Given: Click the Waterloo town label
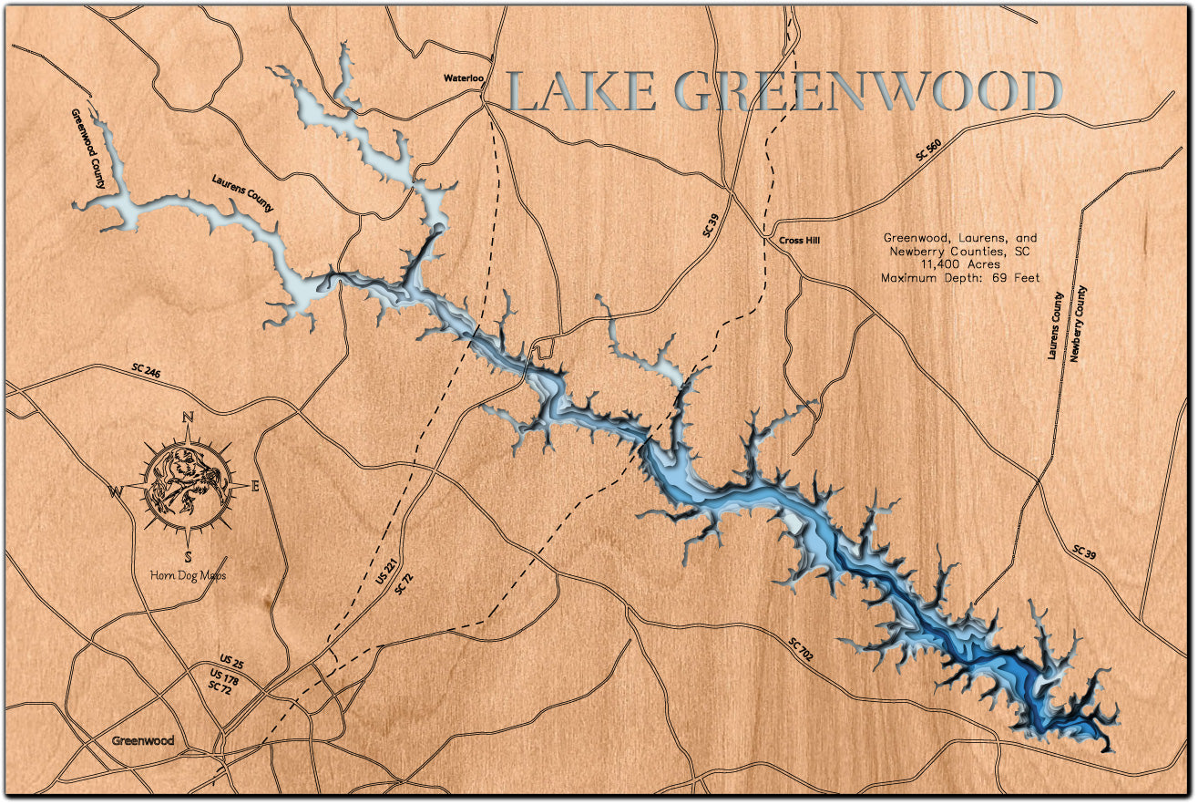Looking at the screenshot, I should pyautogui.click(x=463, y=78).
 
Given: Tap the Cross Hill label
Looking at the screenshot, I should pyautogui.click(x=800, y=241).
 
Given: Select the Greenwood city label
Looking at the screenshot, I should pyautogui.click(x=143, y=740).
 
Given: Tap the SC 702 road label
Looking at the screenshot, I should pyautogui.click(x=802, y=648).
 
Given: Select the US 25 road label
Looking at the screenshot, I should pyautogui.click(x=232, y=659).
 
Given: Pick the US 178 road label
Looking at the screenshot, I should pyautogui.click(x=224, y=676).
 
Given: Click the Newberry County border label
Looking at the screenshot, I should pyautogui.click(x=1081, y=324).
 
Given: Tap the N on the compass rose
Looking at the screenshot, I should pyautogui.click(x=189, y=418).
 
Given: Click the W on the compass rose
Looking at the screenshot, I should pyautogui.click(x=117, y=493).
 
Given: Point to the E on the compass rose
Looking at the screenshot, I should pyautogui.click(x=255, y=487).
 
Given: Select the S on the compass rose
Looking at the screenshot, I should pyautogui.click(x=188, y=557).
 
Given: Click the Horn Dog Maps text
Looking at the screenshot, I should pyautogui.click(x=188, y=575).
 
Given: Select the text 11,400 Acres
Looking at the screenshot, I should pyautogui.click(x=960, y=264).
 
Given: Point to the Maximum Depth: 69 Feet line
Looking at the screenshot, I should pyautogui.click(x=960, y=277).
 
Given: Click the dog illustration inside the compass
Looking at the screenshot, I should pyautogui.click(x=187, y=485).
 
